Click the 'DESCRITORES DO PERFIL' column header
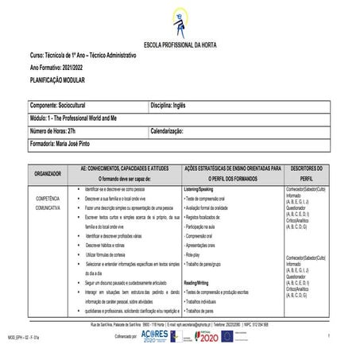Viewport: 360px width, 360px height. (x=307, y=173)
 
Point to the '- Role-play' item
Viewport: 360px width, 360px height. (x=197, y=255)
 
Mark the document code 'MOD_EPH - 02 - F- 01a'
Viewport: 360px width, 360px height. (x=21, y=338)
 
